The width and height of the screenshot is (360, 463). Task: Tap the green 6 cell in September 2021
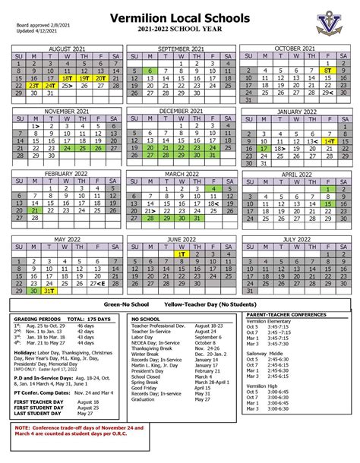click(x=150, y=71)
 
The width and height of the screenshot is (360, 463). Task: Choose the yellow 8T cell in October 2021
click(x=328, y=71)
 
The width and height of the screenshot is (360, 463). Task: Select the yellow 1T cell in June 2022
click(x=181, y=254)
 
